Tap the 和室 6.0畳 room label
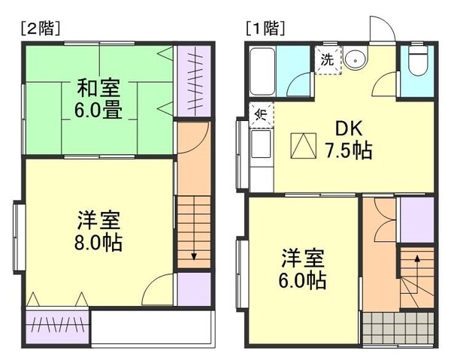(99, 99)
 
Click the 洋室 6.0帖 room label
(304, 269)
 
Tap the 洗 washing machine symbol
(328, 58)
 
